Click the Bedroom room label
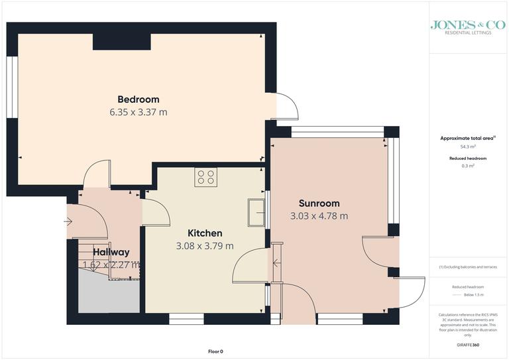pos(138,99)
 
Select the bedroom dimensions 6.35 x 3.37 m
pos(138,112)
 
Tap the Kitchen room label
pos(205,233)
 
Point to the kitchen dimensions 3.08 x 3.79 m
pos(205,246)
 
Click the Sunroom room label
pos(319,204)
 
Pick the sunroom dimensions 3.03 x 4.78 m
pos(319,215)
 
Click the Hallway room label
pos(111,252)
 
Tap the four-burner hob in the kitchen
pos(205,177)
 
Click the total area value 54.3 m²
pos(468,147)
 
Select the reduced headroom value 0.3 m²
pos(468,166)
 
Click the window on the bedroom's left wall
pos(11,86)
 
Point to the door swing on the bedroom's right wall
pos(286,105)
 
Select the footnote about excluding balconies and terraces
pos(468,267)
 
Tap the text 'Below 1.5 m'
pos(468,294)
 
